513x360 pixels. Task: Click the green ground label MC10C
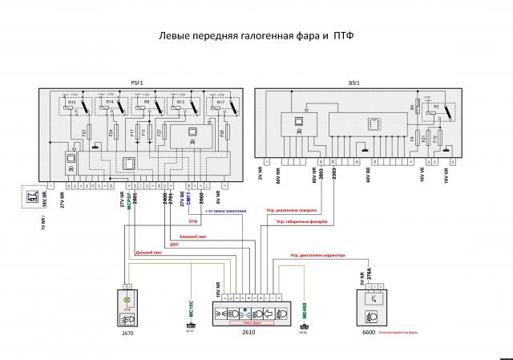click(x=191, y=308)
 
